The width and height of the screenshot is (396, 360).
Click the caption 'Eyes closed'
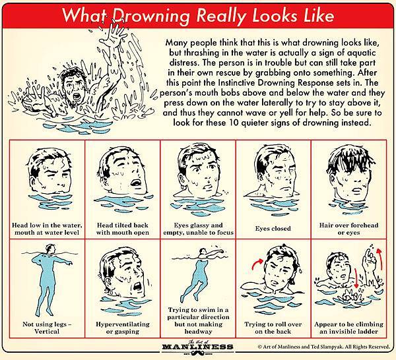point(273,229)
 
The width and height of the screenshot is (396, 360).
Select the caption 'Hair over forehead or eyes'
point(348,229)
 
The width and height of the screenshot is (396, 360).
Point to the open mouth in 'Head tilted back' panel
point(135,183)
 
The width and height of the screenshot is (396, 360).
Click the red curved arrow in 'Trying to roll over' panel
point(257,264)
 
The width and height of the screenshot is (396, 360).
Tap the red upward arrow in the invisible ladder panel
point(380,258)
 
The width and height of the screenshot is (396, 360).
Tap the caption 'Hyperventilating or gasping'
point(123,328)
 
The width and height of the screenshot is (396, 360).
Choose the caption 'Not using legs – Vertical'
point(47,328)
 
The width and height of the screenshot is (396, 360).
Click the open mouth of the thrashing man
point(77,96)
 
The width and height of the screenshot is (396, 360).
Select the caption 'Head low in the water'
point(47,229)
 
